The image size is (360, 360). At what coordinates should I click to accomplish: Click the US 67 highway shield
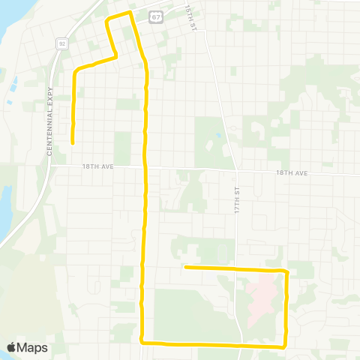coord(154,16)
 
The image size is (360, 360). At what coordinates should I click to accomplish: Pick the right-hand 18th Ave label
coord(292,172)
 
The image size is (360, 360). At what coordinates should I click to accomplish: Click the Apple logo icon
coord(13,347)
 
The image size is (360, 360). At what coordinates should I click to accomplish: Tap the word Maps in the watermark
coord(33,347)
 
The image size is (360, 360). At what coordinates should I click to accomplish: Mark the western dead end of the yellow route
coord(73,142)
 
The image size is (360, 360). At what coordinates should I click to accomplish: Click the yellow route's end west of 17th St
coord(184,266)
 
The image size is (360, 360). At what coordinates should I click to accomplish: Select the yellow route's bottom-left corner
coord(142,343)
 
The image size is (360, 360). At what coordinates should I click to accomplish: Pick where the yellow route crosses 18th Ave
coord(145,168)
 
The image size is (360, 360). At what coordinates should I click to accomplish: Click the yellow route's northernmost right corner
coord(130,13)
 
